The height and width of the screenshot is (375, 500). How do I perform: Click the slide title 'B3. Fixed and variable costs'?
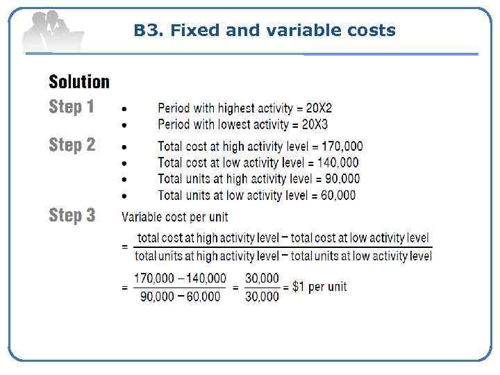[x=265, y=31]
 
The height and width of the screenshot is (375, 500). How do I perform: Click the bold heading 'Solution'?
[x=79, y=82]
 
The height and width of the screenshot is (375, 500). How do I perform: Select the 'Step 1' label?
[x=72, y=107]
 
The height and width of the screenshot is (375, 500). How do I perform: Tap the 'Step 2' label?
[x=72, y=145]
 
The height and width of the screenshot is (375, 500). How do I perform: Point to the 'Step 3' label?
[x=72, y=215]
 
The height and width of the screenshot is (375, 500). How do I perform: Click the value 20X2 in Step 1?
[x=319, y=108]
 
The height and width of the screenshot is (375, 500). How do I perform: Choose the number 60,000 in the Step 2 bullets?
[x=338, y=195]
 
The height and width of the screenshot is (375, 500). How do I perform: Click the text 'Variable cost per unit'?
[x=175, y=217]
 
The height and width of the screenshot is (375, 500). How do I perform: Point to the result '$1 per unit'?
[x=320, y=286]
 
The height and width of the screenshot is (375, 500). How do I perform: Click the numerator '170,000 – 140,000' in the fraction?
[x=180, y=278]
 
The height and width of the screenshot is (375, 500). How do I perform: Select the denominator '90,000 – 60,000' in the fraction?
[x=180, y=296]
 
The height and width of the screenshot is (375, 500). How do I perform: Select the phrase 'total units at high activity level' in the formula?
[x=206, y=256]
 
